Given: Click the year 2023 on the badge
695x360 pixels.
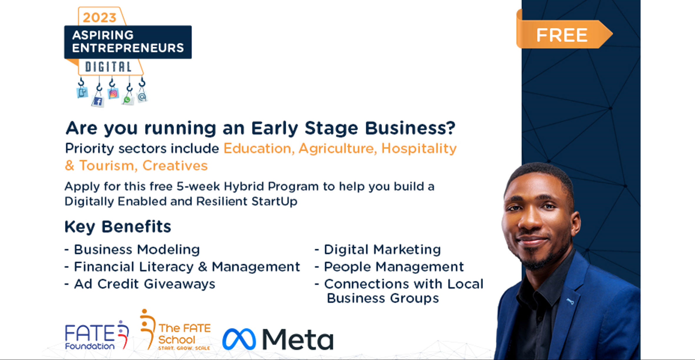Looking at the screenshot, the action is point(99,18).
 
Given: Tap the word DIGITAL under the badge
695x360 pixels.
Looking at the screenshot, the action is point(108,67).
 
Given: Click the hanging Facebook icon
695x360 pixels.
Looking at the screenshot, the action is point(98,102).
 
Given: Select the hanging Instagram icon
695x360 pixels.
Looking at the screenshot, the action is point(113,94).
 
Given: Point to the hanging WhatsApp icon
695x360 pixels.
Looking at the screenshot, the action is point(128,100).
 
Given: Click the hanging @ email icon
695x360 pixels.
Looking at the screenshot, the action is point(142,96).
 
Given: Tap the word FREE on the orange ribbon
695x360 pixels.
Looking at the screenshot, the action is point(562,35).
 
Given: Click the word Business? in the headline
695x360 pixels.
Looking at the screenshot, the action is point(410,128).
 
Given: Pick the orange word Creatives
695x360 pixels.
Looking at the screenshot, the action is point(175,166).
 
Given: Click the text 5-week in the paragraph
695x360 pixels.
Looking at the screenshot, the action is point(198,186).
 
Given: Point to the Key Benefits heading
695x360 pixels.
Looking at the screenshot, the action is point(118,227).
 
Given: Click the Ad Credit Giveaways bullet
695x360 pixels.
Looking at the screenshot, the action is point(140,284).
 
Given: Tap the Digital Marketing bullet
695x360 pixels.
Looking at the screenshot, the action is point(378,250).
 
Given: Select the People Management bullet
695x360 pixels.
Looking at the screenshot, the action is point(389,267).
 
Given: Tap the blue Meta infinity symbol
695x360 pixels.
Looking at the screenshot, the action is point(239,339).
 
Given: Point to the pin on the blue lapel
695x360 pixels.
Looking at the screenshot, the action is point(570,301).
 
